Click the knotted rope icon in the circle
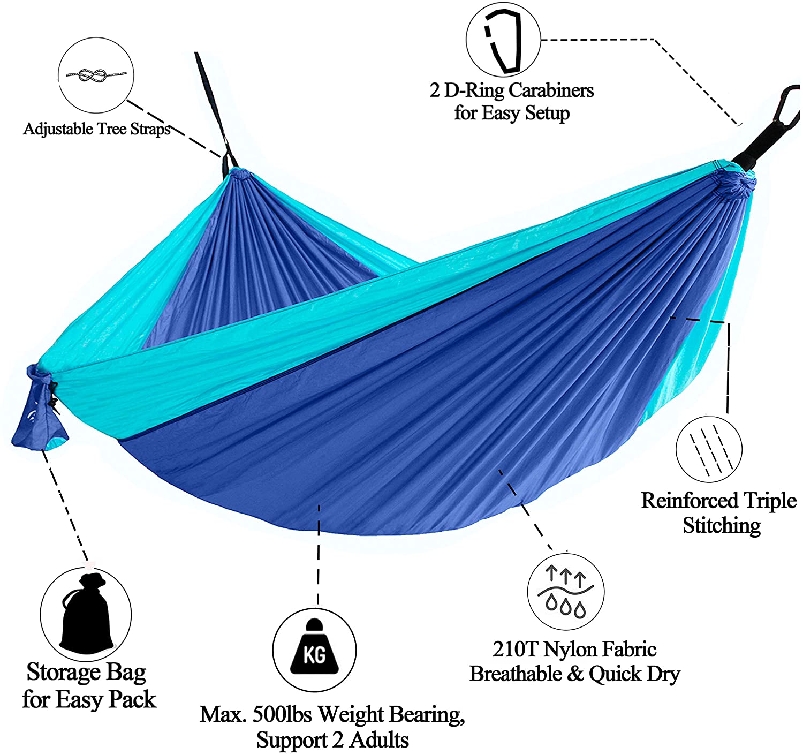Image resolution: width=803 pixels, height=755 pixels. (96, 74)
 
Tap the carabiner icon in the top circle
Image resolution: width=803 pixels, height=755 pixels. (503, 41)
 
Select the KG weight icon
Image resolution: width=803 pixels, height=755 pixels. (314, 649)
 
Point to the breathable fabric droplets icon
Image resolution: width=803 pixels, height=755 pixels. (566, 592)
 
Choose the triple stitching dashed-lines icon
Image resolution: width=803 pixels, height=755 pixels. (708, 449)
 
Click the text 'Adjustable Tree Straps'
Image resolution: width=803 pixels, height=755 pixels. (97, 129)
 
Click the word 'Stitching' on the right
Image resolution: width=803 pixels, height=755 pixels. (722, 525)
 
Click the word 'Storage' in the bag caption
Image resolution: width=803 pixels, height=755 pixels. (63, 672)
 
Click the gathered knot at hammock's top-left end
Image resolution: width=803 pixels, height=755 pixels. (239, 175)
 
